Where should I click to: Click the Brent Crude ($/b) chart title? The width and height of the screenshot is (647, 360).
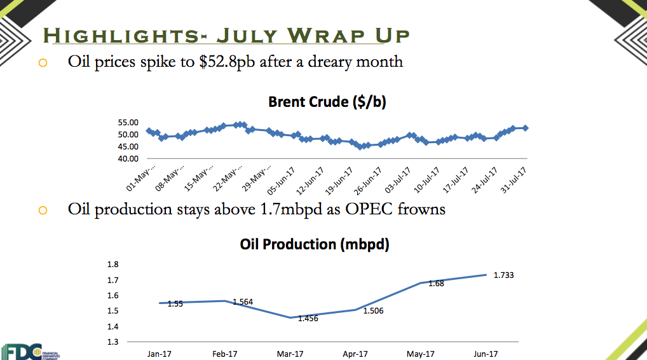(327, 102)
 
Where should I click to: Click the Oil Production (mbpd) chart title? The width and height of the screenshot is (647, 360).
(315, 244)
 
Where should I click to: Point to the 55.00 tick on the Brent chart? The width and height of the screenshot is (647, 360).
(128, 123)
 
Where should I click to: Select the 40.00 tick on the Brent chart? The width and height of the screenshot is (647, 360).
(128, 158)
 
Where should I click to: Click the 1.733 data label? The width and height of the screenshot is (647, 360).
(503, 275)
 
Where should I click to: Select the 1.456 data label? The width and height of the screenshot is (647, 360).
(308, 318)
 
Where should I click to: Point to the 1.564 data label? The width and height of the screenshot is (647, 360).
(243, 301)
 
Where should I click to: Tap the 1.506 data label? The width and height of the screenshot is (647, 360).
(373, 311)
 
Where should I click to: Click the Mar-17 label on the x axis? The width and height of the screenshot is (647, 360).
(290, 354)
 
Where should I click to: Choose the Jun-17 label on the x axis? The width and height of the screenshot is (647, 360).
(487, 354)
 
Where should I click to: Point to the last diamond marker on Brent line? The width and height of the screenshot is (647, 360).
(525, 128)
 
